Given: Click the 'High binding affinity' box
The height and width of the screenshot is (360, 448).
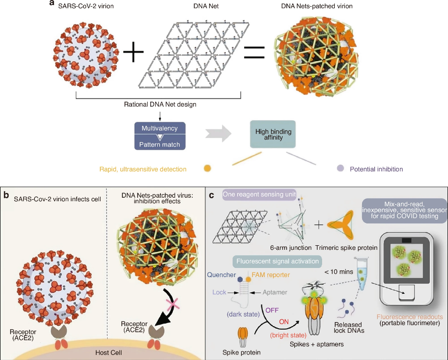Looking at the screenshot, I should click(273, 134).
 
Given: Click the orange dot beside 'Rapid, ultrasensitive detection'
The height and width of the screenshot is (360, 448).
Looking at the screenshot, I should click(207, 168).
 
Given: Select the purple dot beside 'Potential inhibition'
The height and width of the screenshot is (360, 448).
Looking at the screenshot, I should click(341, 168).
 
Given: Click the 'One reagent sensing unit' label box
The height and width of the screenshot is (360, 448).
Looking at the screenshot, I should click(260, 197).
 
